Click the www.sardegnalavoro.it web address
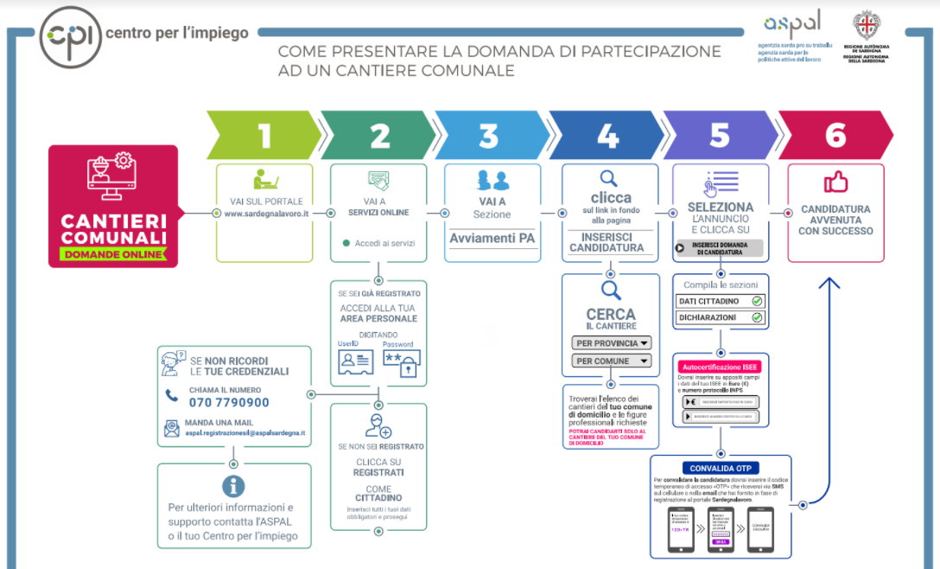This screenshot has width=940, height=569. click(266, 213)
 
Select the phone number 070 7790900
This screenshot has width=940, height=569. click(229, 402)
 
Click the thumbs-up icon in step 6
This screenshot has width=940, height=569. click(835, 182)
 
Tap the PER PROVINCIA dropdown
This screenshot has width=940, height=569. click(612, 342)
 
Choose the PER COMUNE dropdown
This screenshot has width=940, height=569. click(612, 361)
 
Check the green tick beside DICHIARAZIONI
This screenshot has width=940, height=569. click(757, 317)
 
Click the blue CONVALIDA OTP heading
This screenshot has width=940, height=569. click(720, 468)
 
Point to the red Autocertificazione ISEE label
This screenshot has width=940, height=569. click(720, 368)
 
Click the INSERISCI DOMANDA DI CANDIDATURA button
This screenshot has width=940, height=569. click(720, 249)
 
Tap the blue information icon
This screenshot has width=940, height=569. click(233, 486)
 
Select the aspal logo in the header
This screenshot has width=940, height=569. click(792, 24)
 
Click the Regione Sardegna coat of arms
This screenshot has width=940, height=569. click(866, 24)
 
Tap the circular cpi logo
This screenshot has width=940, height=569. click(70, 35)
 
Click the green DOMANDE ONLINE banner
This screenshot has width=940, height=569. click(113, 254)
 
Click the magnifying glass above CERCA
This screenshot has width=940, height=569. click(611, 290)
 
